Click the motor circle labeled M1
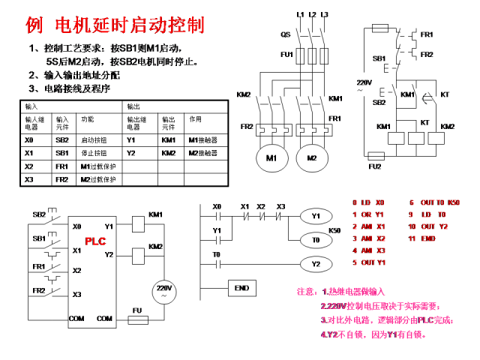[271, 158]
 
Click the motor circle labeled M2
[311, 158]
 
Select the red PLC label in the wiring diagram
[95, 241]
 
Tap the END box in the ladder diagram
[241, 288]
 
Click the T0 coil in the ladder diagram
[316, 240]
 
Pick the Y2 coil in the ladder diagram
[316, 264]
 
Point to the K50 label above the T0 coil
[334, 230]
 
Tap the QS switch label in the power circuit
[285, 34]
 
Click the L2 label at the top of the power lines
[312, 14]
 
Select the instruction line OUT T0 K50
[434, 202]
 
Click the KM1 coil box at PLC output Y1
[139, 223]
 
